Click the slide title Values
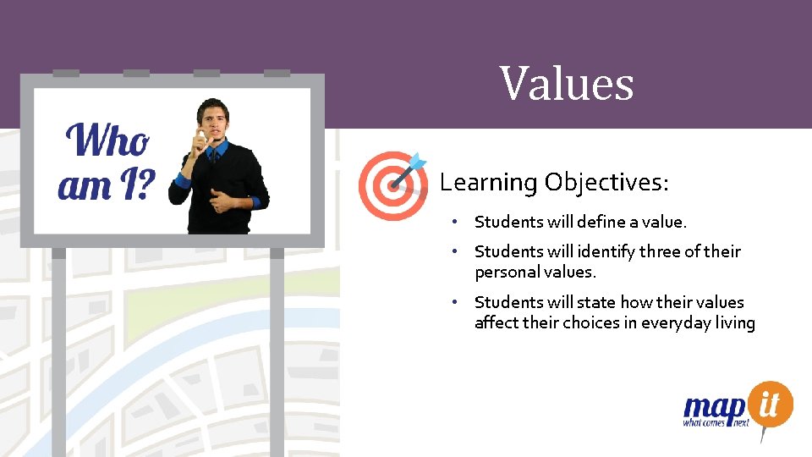pos(566,84)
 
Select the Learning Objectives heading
pos(554,182)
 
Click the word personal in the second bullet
pos(507,273)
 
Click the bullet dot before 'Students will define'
pos(454,222)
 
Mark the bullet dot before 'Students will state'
pos(454,302)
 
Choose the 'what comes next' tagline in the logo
pos(716,422)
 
